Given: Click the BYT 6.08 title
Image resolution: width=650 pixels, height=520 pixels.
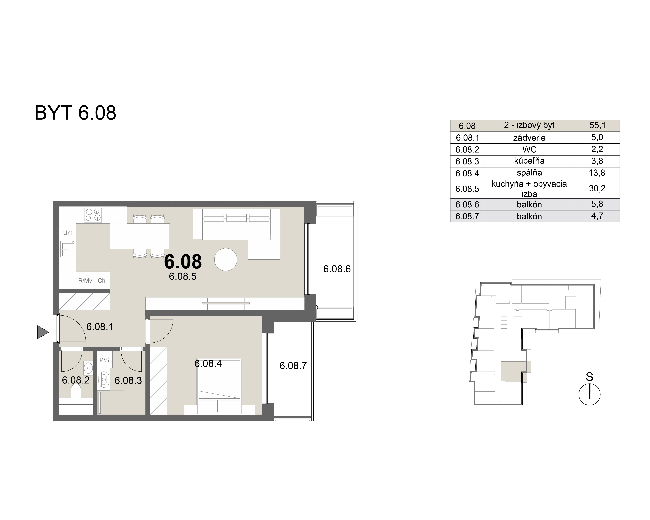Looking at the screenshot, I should pos(75,113).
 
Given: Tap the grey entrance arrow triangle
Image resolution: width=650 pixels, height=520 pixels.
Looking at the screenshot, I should pos(43,332).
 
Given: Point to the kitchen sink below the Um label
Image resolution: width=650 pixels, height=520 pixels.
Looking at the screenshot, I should pos(68,249).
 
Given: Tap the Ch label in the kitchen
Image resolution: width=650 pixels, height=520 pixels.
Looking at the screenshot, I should pos(102,281).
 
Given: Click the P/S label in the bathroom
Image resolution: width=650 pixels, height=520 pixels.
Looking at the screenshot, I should pos(104,360).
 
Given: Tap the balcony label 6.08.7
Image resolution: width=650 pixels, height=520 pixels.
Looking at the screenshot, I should pos(293,366).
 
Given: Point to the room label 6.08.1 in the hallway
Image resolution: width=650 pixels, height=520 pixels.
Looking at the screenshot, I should pos(100,327).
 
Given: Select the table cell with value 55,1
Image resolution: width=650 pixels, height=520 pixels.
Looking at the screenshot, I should pos(597,125).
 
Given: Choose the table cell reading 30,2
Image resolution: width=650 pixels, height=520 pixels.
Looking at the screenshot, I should pos(597,189).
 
